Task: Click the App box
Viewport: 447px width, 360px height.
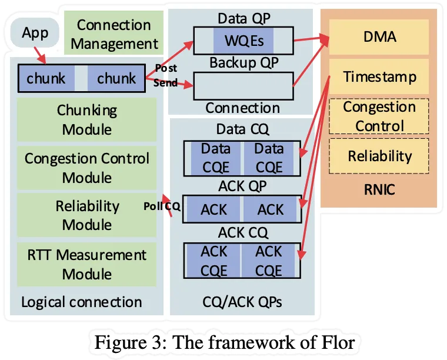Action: point(35,33)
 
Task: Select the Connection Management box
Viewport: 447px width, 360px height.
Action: point(114,34)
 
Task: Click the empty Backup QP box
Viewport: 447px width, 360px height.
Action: point(243,86)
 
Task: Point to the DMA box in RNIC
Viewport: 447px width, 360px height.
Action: point(379,36)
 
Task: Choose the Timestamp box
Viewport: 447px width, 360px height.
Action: point(379,76)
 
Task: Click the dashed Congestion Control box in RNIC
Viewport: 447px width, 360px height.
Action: point(379,116)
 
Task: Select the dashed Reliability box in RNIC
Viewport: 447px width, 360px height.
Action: point(379,156)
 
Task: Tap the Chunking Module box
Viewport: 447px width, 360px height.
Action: point(87,119)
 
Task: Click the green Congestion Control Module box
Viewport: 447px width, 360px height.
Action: point(87,168)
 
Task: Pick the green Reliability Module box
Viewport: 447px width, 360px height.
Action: point(87,215)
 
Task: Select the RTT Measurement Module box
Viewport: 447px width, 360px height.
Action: point(87,264)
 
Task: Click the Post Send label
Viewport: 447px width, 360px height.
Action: point(165,75)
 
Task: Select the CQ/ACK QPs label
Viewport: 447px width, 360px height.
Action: point(242,302)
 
